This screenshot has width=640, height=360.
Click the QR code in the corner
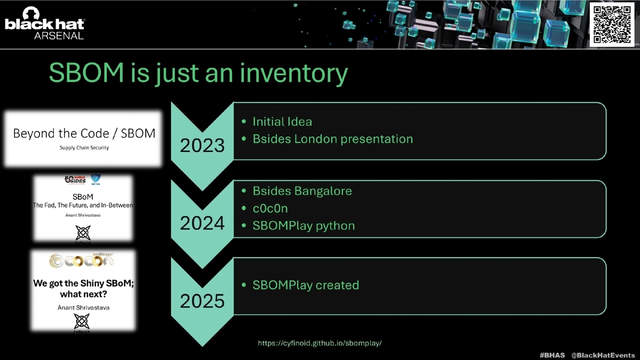612,23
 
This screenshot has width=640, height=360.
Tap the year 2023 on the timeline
202,145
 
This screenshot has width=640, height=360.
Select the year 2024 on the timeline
202,223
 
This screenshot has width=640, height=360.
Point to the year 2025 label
202,301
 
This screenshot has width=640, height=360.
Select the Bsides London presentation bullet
332,139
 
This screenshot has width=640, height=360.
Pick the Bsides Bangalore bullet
302,190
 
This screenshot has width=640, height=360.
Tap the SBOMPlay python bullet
303,226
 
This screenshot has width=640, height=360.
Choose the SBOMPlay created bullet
306,285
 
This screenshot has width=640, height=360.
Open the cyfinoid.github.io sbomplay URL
320,343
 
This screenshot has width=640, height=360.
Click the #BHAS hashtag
552,355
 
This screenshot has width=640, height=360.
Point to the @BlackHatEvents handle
603,355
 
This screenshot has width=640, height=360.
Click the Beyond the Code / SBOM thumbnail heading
84,133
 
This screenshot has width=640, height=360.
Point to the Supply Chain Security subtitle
84,148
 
